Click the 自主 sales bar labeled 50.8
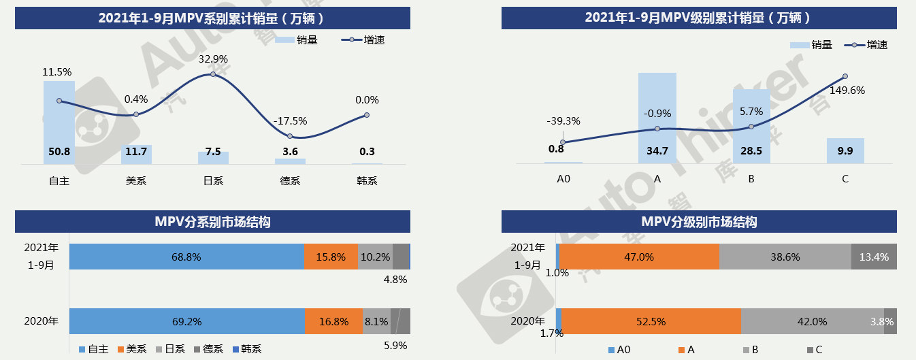59,122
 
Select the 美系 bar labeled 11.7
136,154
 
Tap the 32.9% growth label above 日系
213,59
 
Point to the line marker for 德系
290,136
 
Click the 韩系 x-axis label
366,181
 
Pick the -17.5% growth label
290,121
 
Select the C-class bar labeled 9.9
845,150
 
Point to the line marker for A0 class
563,142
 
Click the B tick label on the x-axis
751,178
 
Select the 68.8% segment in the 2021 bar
186,257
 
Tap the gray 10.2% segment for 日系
374,257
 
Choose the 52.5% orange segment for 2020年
651,321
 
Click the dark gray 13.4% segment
874,257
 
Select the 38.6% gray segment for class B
785,257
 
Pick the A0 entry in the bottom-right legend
619,350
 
